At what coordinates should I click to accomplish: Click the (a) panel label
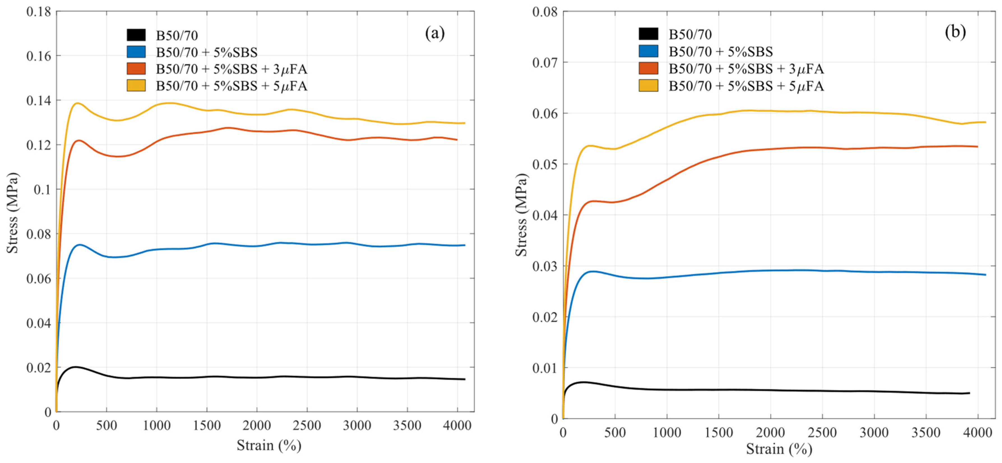point(434,33)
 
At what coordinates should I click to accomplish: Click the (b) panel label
point(955,32)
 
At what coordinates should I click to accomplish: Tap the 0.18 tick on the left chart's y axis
point(38,12)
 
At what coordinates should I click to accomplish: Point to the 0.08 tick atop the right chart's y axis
point(545,12)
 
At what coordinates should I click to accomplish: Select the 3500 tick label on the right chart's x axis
point(926,432)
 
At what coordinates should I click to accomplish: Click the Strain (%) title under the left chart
point(269,445)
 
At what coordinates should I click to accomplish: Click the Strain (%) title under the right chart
point(779,449)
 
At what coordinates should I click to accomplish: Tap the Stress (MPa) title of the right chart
point(521,215)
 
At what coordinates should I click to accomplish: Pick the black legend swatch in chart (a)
point(136,35)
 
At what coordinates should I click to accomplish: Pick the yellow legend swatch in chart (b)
point(648,86)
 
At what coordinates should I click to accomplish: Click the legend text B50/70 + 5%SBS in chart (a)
point(207,52)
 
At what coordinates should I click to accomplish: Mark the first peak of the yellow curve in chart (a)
point(77,103)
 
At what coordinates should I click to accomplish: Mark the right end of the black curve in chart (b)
point(969,393)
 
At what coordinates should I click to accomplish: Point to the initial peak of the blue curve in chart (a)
point(80,244)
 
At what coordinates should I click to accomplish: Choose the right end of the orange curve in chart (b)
point(977,146)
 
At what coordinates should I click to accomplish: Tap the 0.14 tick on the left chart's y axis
point(38,100)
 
